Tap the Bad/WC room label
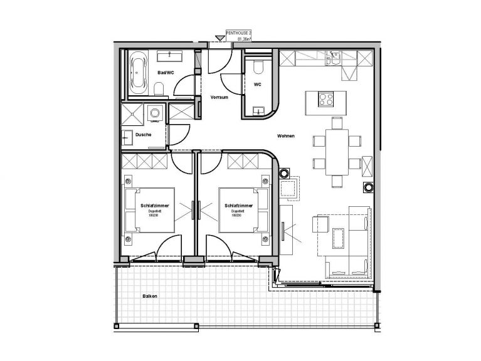point(166,73)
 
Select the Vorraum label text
point(219,98)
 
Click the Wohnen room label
point(286,137)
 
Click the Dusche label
point(142,135)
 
